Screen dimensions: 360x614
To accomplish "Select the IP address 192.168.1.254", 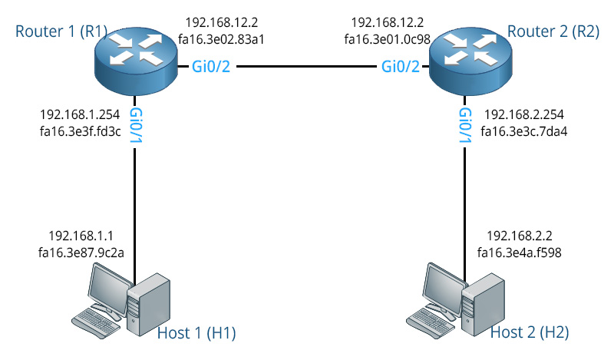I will (78, 114).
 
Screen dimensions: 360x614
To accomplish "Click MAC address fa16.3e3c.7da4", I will (524, 131).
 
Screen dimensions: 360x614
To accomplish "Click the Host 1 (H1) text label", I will (196, 332).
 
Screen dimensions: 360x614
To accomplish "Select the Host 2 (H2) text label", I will (530, 332).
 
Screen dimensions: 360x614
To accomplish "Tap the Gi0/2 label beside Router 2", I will (400, 68).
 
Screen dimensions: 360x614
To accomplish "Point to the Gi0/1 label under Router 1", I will (136, 124).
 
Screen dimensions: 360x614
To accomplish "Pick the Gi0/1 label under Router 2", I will (465, 124).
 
